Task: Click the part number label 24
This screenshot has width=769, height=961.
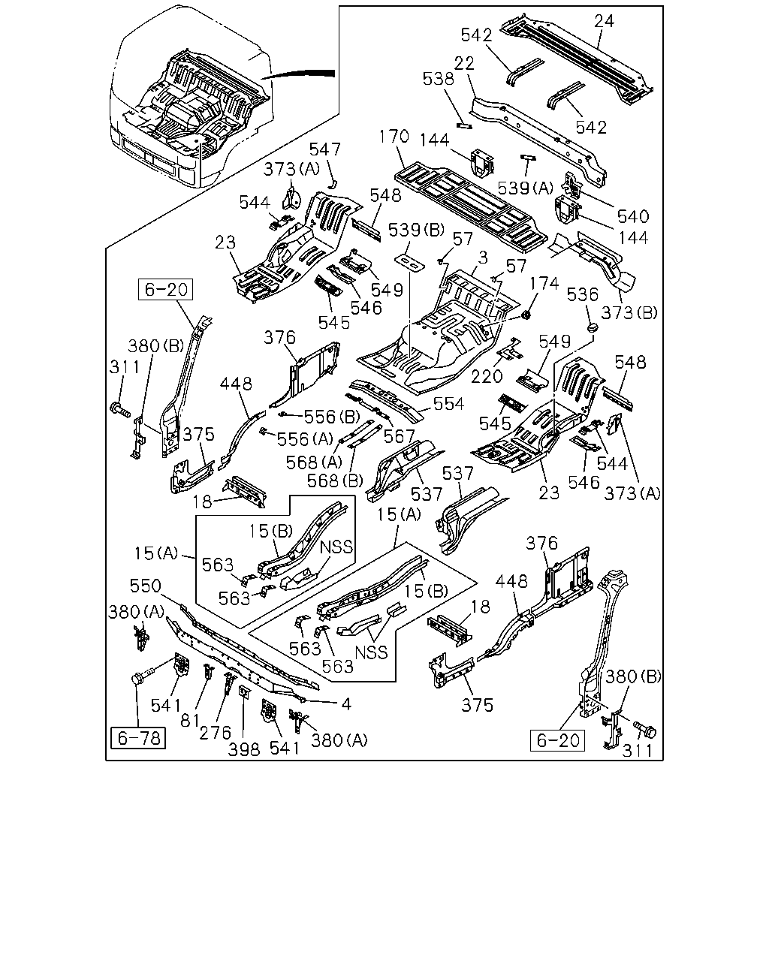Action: [605, 21]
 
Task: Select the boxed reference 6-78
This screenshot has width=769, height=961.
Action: [138, 738]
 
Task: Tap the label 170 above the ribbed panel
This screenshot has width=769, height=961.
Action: [394, 136]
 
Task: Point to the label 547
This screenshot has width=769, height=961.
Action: [325, 149]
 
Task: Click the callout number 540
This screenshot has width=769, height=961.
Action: [633, 216]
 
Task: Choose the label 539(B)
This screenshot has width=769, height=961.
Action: [416, 230]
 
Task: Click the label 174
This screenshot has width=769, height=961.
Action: [544, 283]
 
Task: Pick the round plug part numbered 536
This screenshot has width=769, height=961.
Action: [593, 327]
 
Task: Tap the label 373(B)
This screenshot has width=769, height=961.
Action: [629, 313]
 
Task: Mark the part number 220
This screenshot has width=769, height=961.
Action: [487, 376]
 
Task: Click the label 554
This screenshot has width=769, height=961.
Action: [448, 404]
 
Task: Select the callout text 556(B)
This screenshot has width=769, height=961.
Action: [332, 417]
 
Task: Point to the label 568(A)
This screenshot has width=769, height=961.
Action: [314, 462]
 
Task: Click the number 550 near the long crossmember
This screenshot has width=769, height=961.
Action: [145, 586]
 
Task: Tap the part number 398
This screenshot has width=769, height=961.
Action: [244, 750]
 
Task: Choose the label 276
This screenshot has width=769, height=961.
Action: [216, 733]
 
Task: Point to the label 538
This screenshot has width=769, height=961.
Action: [439, 79]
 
